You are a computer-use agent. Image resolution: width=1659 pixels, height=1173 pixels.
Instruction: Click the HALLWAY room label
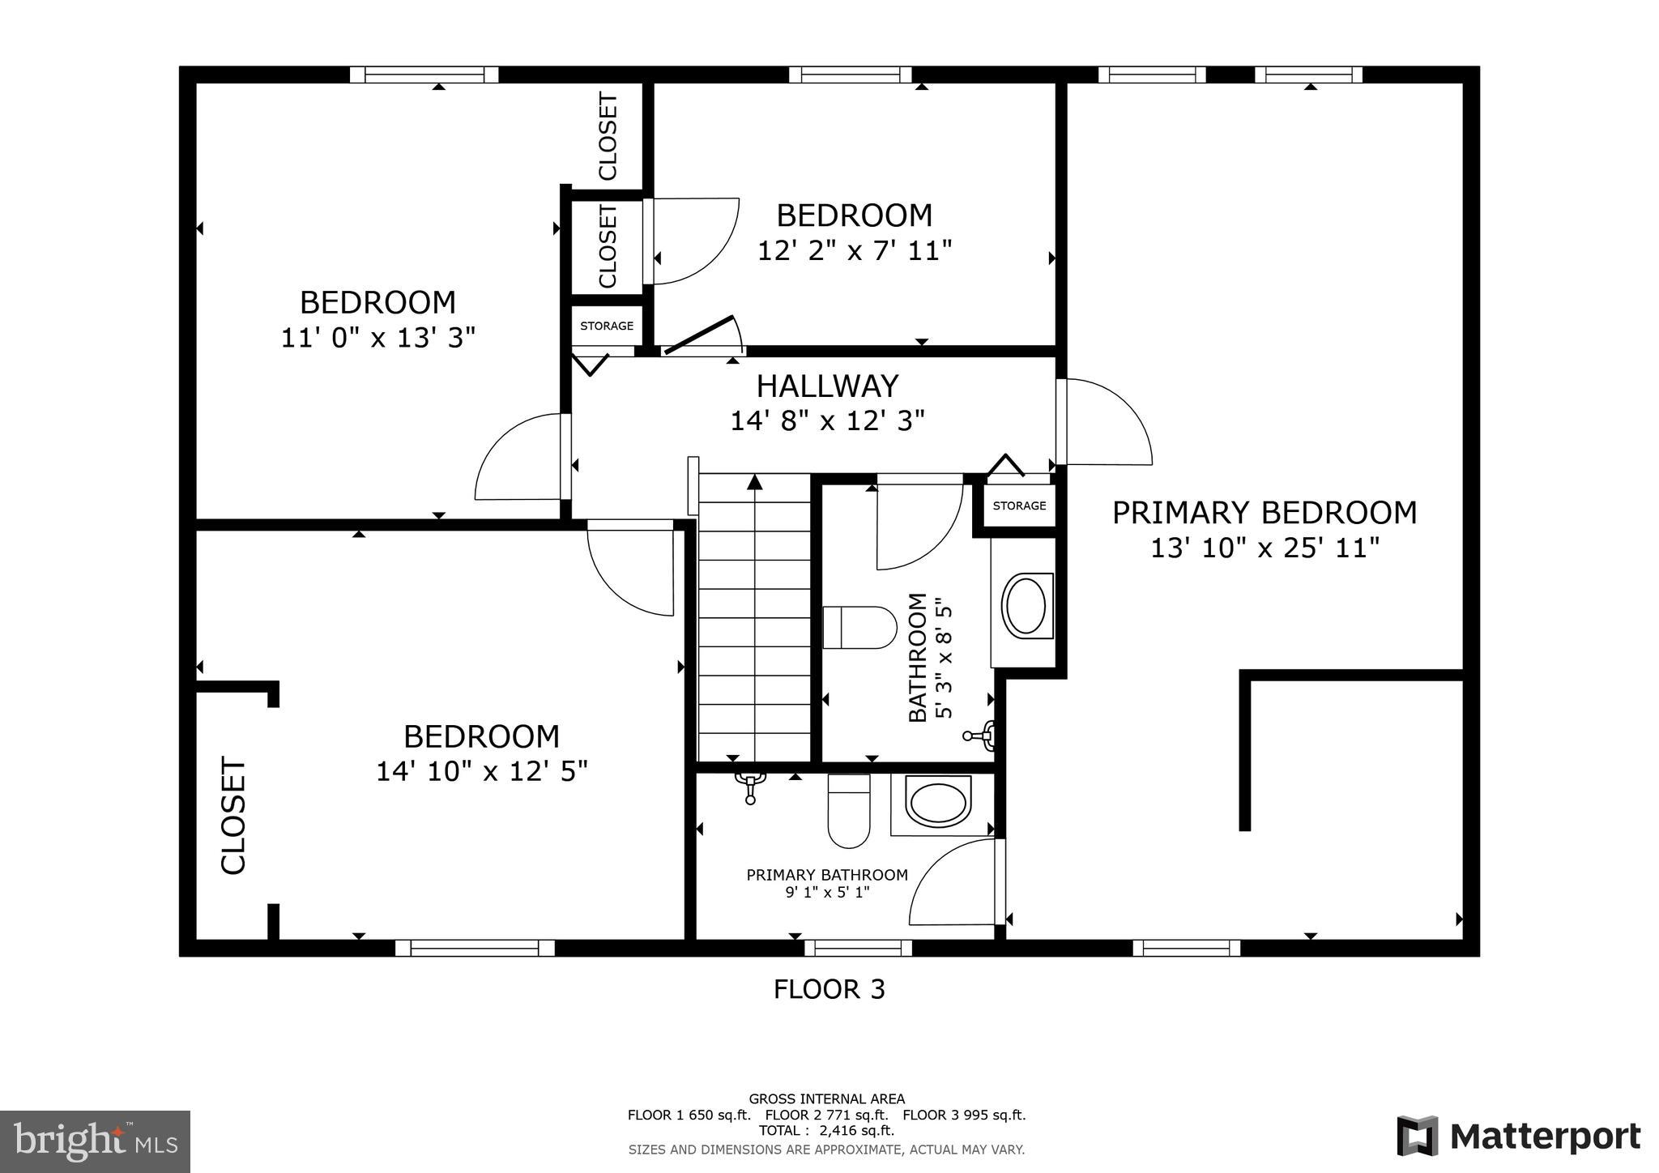coord(827,386)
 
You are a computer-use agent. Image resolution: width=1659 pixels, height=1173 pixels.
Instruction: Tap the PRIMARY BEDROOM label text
coord(1264,513)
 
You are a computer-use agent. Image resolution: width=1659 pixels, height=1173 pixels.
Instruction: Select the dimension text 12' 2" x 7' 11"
coord(854,250)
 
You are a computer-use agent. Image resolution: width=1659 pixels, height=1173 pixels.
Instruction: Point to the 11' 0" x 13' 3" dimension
coord(377,337)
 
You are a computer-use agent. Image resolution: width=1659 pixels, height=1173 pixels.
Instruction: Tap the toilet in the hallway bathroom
coord(859,628)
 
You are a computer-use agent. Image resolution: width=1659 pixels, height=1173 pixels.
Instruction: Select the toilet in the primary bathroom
coord(848,810)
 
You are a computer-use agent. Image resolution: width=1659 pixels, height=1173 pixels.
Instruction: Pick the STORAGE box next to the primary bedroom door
coord(1019,505)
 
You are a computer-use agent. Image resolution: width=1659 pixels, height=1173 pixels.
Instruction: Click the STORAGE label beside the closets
coord(607,326)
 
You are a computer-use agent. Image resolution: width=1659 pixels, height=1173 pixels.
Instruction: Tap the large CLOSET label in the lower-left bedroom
coord(233,816)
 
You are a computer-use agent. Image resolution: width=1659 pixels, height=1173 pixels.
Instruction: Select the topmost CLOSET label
coord(608,136)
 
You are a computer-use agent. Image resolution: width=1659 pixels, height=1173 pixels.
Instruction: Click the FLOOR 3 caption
coord(829,989)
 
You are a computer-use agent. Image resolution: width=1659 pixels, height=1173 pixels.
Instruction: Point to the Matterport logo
coord(1518,1136)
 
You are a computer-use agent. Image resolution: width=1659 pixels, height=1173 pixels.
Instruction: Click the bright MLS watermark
coord(96,1142)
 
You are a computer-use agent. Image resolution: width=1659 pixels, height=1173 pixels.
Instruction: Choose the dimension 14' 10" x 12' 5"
coord(481,770)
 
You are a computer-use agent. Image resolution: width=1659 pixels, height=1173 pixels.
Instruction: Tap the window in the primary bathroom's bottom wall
coord(858,948)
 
